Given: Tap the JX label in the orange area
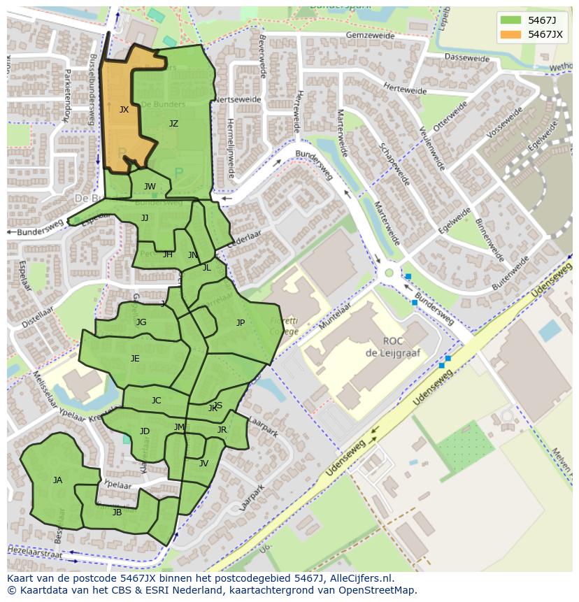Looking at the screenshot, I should click(x=124, y=110).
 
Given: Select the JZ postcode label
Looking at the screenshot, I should click(x=173, y=124).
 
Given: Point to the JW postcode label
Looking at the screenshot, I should click(x=150, y=187).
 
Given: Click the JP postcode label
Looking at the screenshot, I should click(x=241, y=323).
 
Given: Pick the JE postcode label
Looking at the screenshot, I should click(x=135, y=359).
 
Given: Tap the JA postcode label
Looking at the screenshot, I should click(x=57, y=480).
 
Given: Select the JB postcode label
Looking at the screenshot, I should click(x=117, y=513).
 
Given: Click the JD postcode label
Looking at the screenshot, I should click(x=144, y=431).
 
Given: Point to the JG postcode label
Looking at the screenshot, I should click(x=141, y=322).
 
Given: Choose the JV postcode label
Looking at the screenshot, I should click(x=203, y=464).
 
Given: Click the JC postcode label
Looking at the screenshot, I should click(x=156, y=401).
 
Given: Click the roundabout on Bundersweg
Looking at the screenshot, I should click(x=389, y=273).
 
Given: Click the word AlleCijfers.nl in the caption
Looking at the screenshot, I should click(x=361, y=579).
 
